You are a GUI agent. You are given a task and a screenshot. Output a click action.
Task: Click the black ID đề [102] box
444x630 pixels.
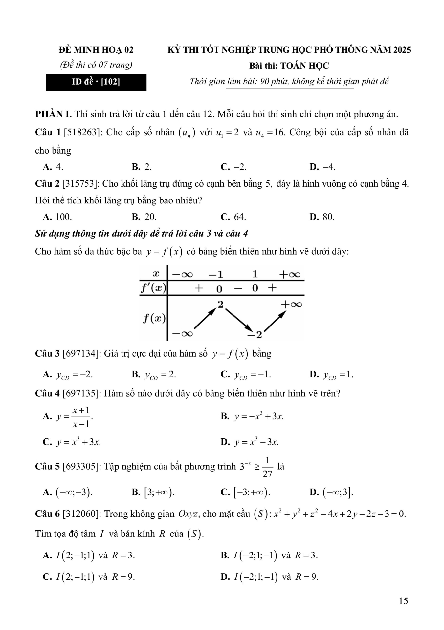click(x=96, y=82)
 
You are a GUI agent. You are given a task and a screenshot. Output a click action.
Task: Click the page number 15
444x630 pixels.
click(x=403, y=601)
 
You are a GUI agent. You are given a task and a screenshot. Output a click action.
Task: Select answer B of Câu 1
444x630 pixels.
click(x=142, y=167)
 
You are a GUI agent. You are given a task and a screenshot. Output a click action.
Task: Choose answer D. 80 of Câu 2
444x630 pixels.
click(x=322, y=217)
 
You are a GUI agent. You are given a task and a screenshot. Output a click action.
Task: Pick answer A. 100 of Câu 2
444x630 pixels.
click(x=57, y=217)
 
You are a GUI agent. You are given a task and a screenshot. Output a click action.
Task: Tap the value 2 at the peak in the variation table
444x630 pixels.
click(x=220, y=304)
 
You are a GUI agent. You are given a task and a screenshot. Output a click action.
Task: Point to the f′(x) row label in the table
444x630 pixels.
click(x=153, y=288)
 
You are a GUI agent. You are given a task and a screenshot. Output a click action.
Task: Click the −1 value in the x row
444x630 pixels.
click(x=216, y=274)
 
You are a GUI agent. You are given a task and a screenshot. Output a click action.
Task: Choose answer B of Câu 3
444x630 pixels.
click(x=154, y=375)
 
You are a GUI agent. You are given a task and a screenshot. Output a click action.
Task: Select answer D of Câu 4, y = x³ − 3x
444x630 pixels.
click(x=250, y=442)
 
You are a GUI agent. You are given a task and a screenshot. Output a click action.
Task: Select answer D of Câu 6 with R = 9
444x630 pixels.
click(x=269, y=577)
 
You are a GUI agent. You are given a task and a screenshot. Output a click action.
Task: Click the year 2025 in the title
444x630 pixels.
click(x=402, y=50)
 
